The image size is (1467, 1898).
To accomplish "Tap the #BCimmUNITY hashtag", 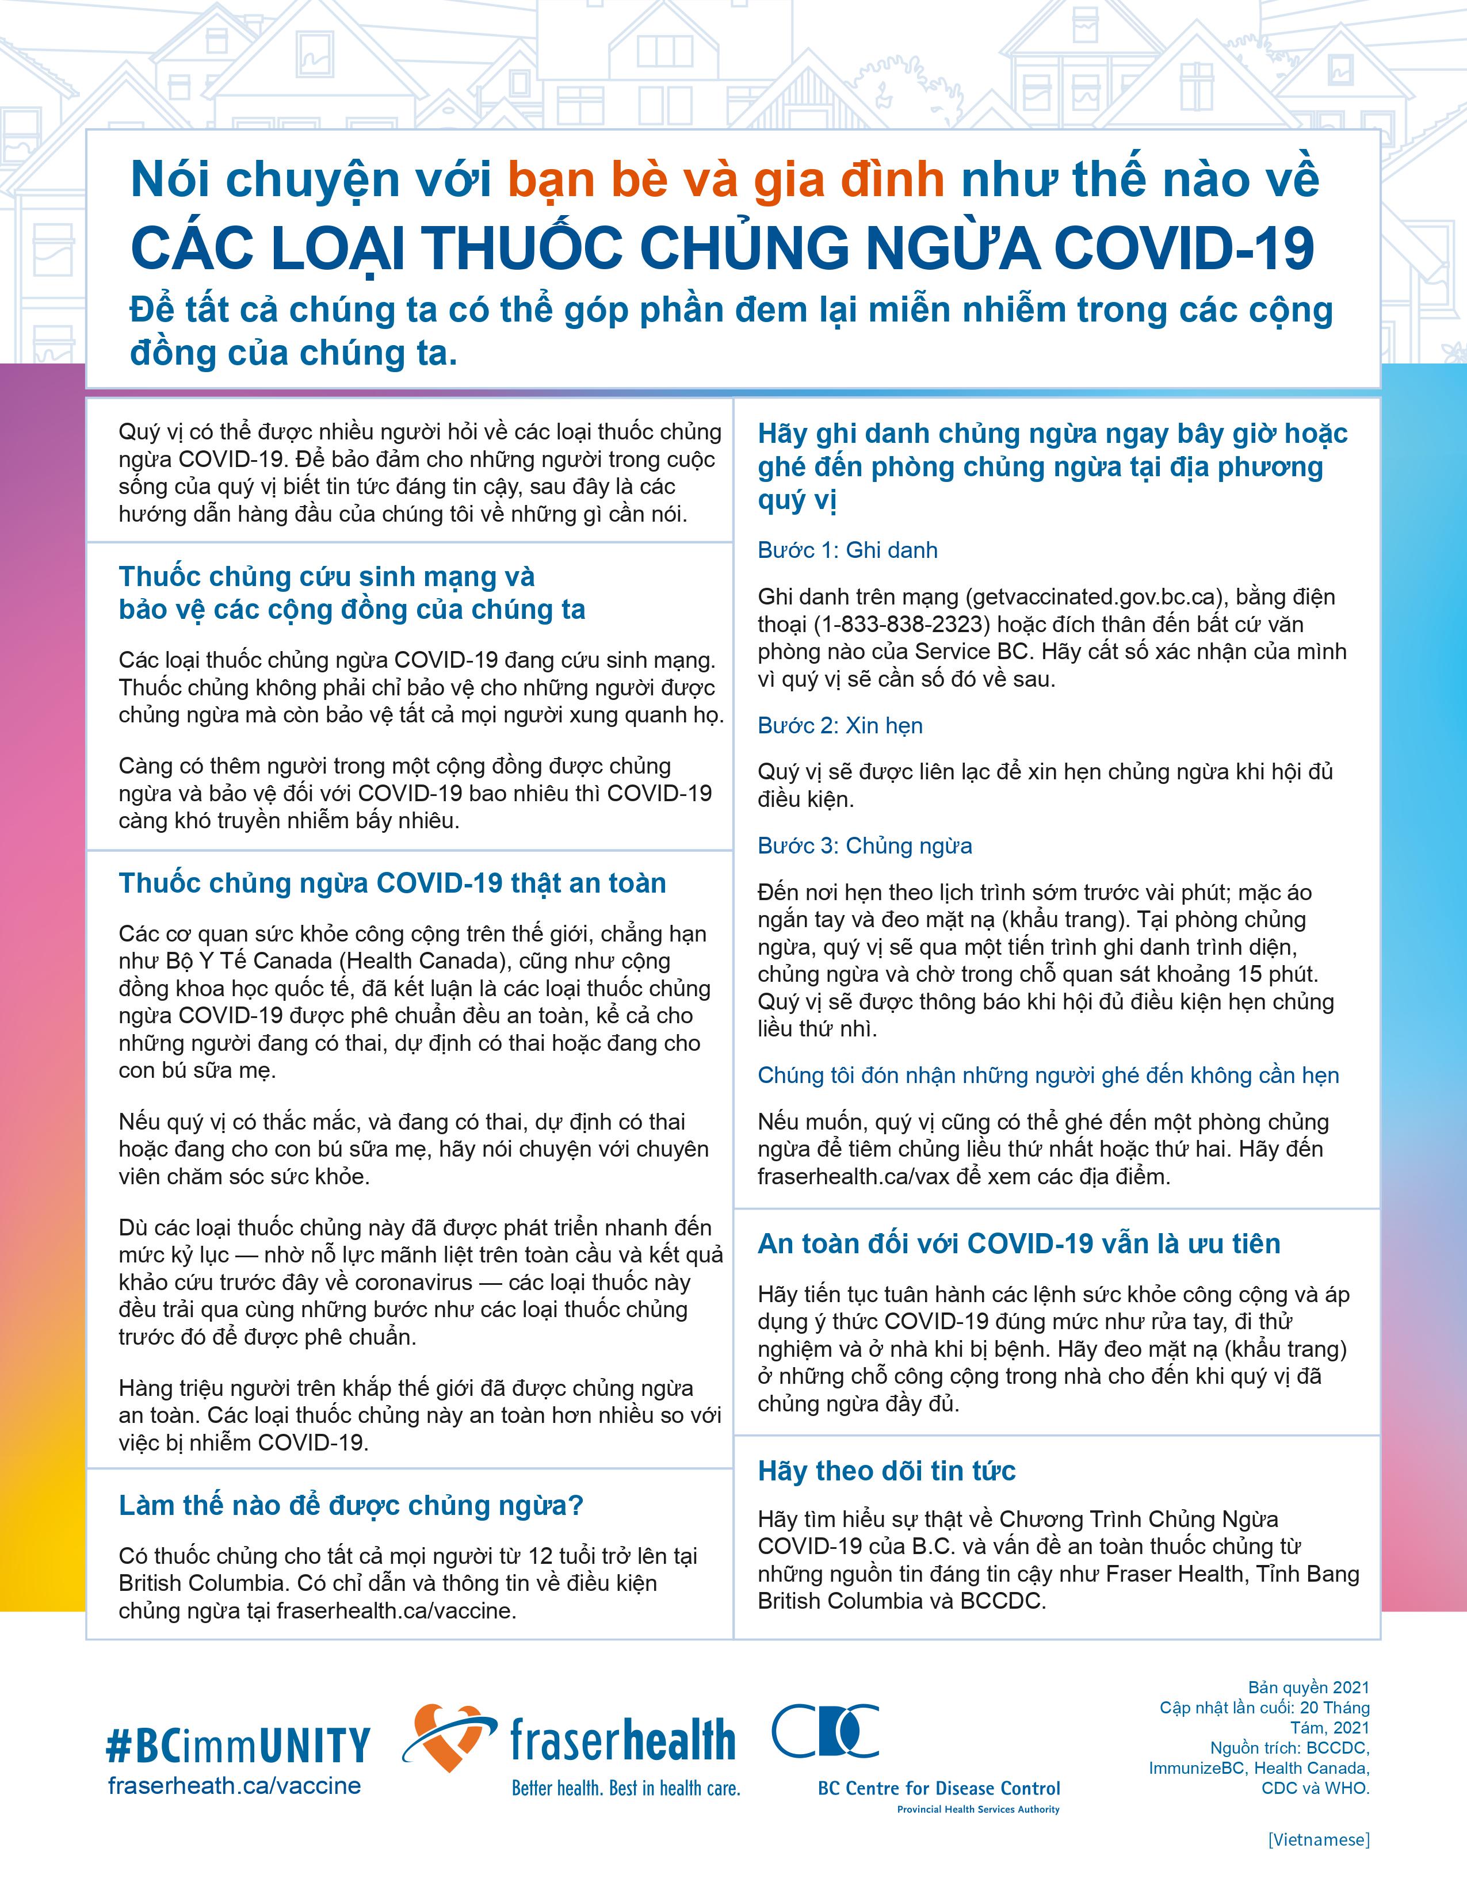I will coord(237,1743).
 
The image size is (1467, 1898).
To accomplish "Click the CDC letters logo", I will coord(825,1730).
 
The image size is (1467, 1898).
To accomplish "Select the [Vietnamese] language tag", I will coord(1319,1839).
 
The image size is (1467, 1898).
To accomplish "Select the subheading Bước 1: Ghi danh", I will coord(847,550).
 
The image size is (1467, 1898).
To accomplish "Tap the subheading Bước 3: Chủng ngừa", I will coord(865,845).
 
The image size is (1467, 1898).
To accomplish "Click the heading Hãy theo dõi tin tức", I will coord(887,1471).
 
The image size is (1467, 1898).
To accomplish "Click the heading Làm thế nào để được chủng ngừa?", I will coord(351,1505).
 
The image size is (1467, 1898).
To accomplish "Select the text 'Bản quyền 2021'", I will coord(1308,1687).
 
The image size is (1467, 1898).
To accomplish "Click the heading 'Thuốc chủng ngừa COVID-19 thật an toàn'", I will coord(392,883).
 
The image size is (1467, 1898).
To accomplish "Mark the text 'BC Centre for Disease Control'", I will coord(939,1789).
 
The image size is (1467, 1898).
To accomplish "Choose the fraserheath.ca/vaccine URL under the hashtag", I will coord(235,1786).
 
